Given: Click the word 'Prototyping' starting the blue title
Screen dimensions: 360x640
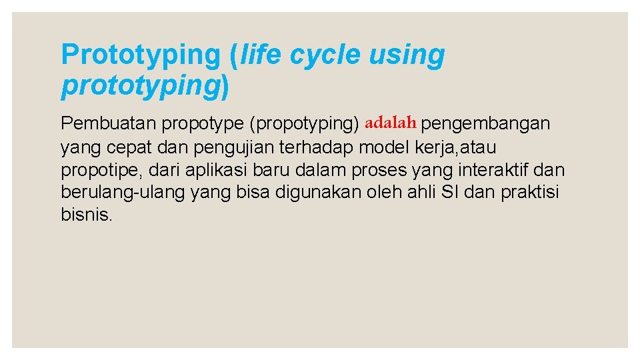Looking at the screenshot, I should (141, 55).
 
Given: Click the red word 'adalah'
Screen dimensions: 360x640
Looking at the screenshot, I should (391, 123).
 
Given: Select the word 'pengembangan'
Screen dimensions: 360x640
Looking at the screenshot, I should (486, 124).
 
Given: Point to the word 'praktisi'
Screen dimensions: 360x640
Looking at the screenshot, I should (530, 192).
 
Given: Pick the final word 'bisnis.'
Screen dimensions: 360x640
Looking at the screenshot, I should (87, 215).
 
